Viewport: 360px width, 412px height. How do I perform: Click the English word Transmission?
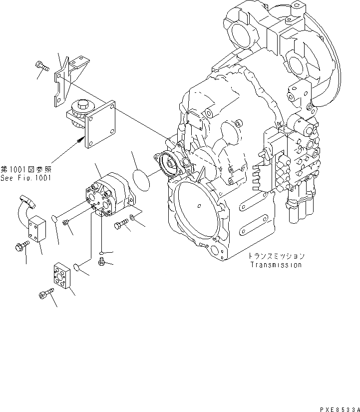(276, 265)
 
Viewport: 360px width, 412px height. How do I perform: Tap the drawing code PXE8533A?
(337, 408)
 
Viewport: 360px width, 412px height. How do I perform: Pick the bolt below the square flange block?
(45, 295)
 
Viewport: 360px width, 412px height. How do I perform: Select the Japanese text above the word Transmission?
(276, 256)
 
